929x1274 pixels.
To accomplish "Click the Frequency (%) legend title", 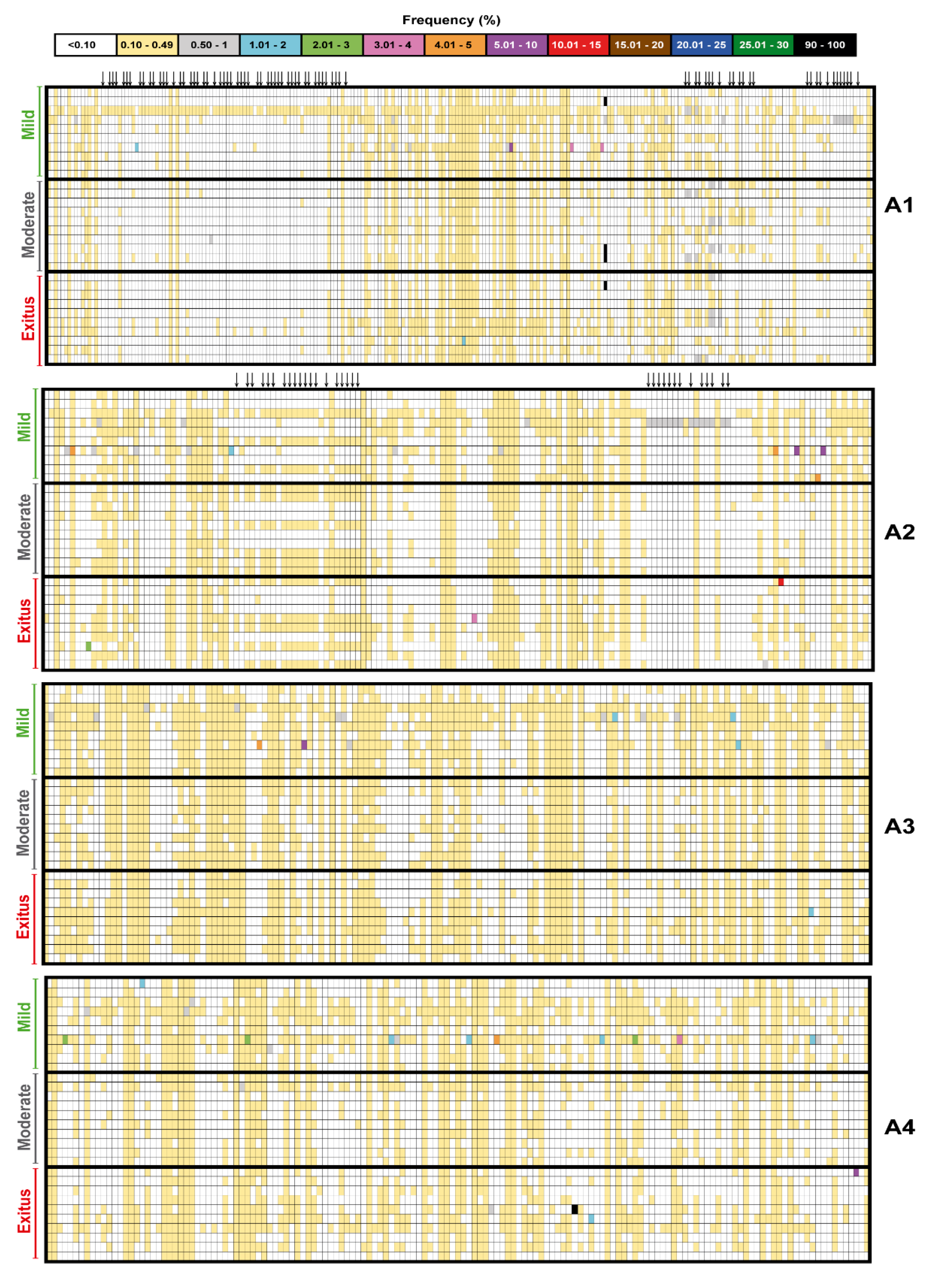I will coord(451,20).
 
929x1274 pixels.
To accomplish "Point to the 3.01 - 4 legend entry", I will coord(392,45).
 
